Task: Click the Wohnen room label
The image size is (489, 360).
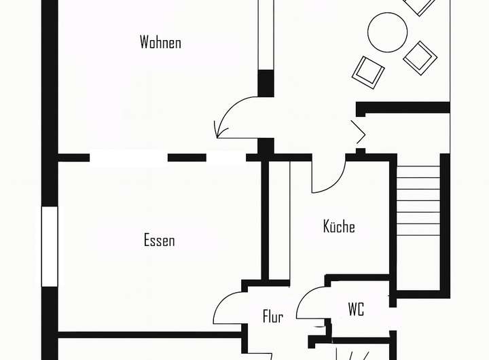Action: click(x=160, y=42)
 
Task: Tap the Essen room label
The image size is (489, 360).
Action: click(x=159, y=240)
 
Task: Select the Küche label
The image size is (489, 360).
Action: click(x=339, y=226)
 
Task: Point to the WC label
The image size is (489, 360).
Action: click(x=356, y=310)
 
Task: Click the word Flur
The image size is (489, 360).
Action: click(x=272, y=316)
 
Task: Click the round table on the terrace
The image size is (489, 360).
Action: click(x=387, y=32)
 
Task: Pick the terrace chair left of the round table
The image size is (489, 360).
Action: click(x=368, y=69)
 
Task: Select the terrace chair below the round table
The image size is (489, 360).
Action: click(x=420, y=57)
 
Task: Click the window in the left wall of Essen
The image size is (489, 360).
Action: click(x=50, y=245)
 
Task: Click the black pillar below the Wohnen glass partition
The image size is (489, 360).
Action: click(x=266, y=83)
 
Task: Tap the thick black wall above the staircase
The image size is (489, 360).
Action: click(x=403, y=107)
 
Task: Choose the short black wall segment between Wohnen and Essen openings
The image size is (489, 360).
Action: click(x=187, y=158)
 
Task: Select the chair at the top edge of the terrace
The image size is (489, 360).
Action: click(x=419, y=5)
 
